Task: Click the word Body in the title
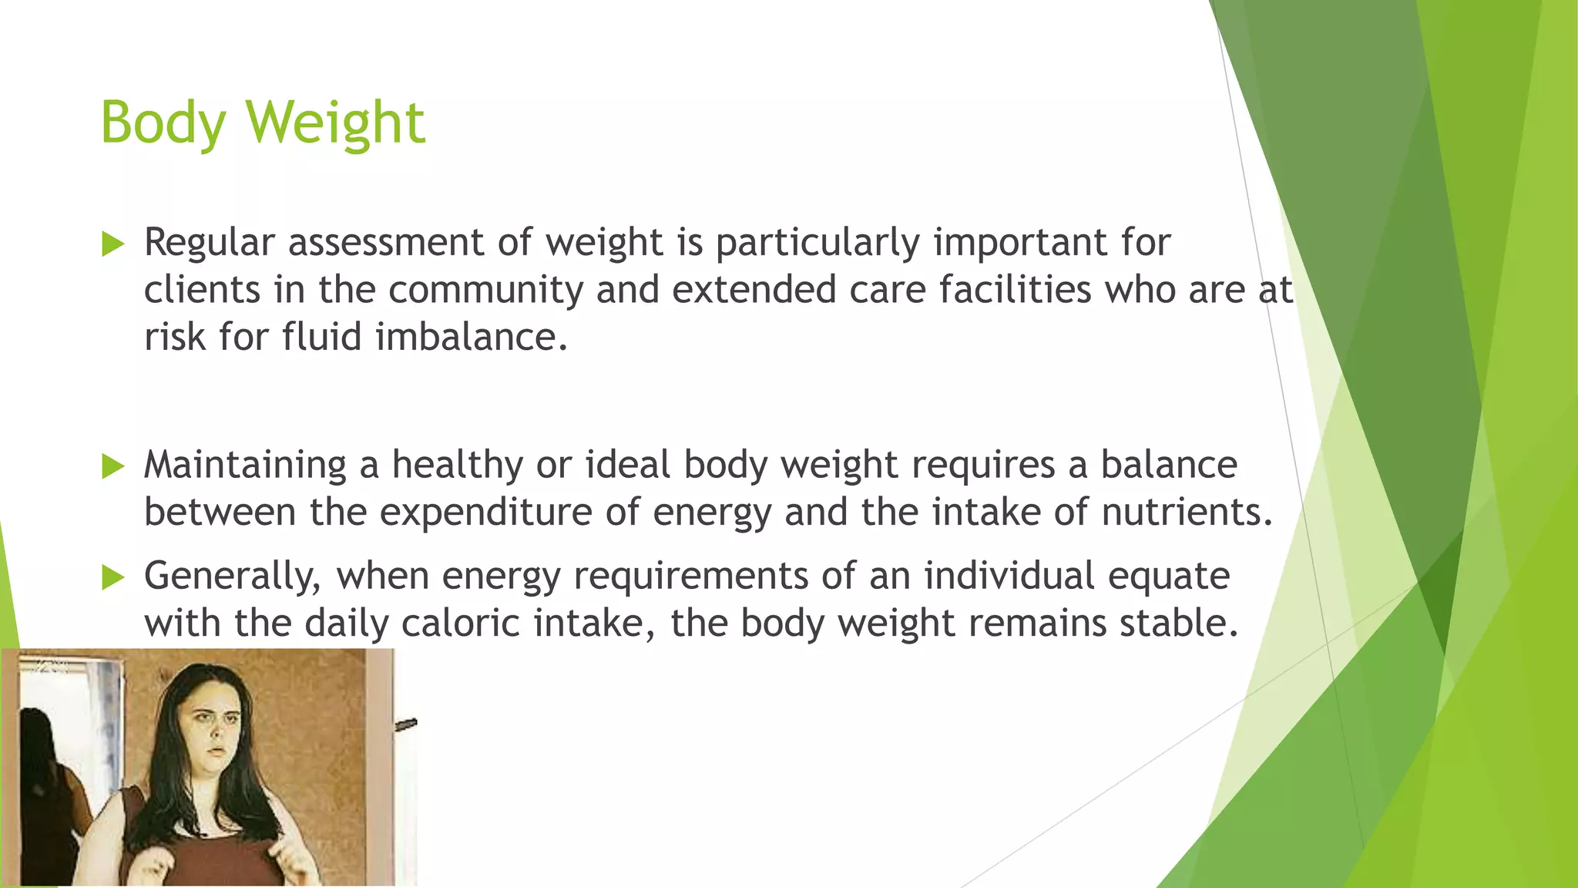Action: pyautogui.click(x=163, y=123)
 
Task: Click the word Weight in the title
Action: pyautogui.click(x=335, y=123)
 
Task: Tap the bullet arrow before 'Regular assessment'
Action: pyautogui.click(x=112, y=244)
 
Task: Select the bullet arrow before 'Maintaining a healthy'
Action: pyautogui.click(x=112, y=466)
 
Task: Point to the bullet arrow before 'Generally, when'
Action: pyautogui.click(x=112, y=577)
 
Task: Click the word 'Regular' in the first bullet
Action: pyautogui.click(x=209, y=242)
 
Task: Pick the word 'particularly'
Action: pyautogui.click(x=818, y=244)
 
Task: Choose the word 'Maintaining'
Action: pyautogui.click(x=245, y=466)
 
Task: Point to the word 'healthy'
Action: pyautogui.click(x=458, y=466)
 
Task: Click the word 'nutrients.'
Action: pyautogui.click(x=1187, y=512)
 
